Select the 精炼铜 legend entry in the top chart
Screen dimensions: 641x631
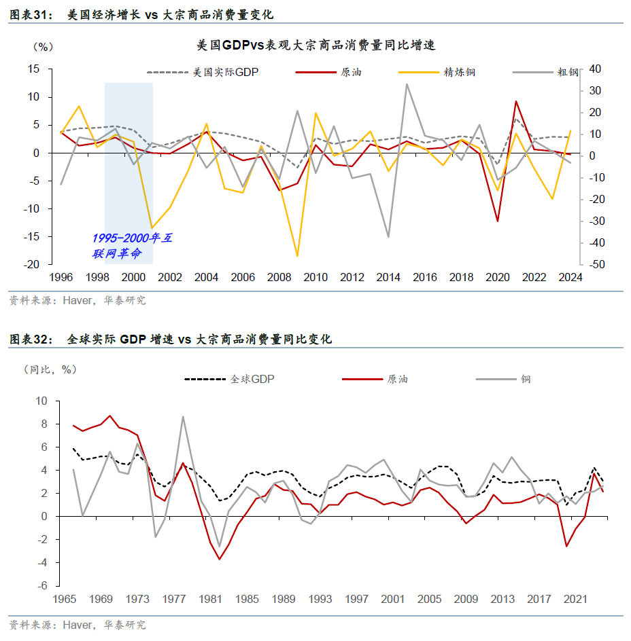point(460,71)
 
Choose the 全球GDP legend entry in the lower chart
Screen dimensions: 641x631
point(252,379)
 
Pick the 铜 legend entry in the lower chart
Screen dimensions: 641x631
point(526,379)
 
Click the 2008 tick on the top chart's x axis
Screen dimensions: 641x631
point(279,277)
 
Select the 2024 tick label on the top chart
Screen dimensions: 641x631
point(570,277)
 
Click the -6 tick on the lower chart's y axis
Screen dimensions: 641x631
point(42,585)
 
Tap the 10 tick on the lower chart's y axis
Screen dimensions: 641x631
point(41,401)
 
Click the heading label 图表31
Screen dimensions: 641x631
point(31,14)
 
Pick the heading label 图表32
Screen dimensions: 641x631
point(31,339)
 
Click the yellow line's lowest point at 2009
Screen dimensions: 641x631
point(297,256)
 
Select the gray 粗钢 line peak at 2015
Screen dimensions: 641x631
point(407,84)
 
